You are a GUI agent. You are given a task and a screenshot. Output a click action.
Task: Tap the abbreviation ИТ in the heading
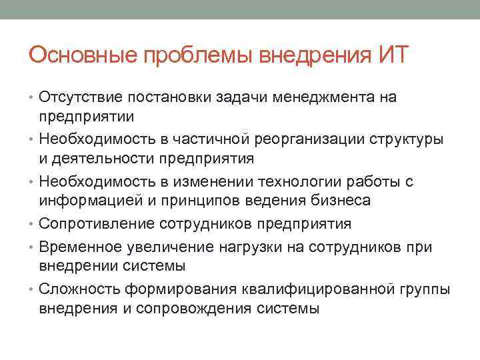click(396, 53)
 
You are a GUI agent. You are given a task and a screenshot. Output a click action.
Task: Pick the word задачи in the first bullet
click(240, 98)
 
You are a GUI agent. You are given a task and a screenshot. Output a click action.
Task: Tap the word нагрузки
click(248, 247)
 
